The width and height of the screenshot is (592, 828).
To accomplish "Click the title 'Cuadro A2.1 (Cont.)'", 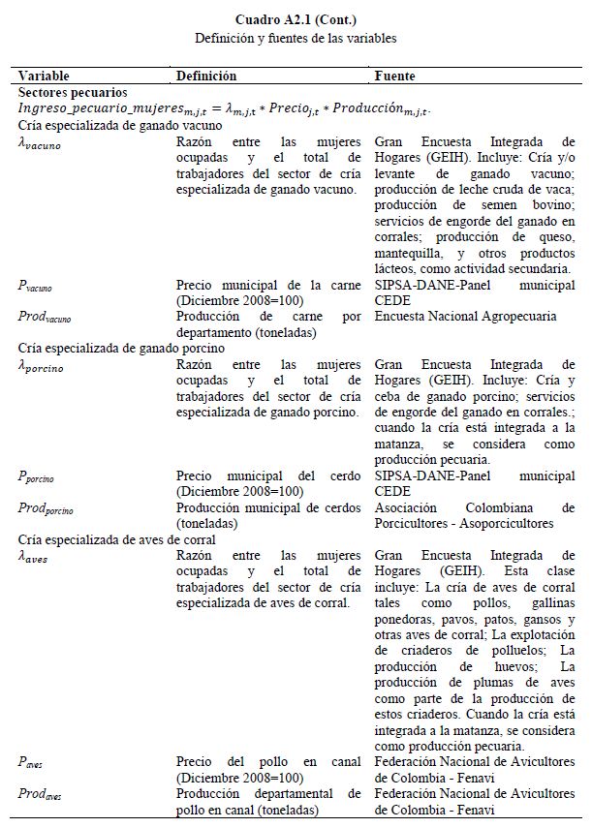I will coord(296,19).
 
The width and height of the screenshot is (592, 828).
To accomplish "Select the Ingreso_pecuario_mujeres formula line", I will coord(223,108).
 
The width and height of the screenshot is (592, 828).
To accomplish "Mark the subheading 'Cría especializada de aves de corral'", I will coord(116,539).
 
